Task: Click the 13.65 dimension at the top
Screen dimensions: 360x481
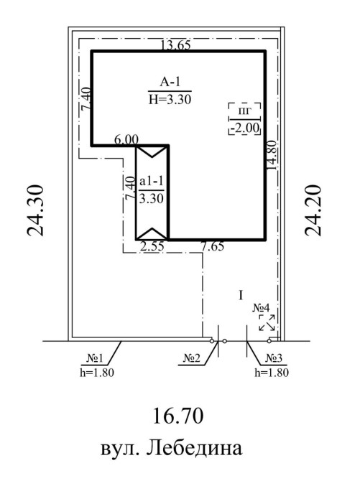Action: tap(176, 45)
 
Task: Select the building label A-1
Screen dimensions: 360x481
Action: tap(170, 82)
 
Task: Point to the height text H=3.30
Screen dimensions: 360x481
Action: tap(170, 99)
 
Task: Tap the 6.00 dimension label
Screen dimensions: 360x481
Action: tap(126, 139)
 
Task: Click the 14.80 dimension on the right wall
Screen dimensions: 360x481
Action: tap(272, 155)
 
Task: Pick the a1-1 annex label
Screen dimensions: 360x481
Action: tap(151, 182)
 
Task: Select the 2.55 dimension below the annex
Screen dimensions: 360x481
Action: tap(152, 246)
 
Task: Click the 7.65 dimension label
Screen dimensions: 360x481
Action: tap(212, 246)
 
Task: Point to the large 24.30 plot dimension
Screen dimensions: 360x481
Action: tap(34, 210)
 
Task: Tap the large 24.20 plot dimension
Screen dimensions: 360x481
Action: tap(313, 210)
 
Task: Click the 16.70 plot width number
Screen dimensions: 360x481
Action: tap(178, 416)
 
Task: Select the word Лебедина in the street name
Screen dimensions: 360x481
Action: tap(194, 449)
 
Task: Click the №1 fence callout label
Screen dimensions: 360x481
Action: tap(95, 358)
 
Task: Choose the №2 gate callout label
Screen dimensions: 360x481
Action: tap(191, 358)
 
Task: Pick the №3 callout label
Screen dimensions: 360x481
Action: tap(274, 358)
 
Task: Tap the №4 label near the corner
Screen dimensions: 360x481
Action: tap(261, 308)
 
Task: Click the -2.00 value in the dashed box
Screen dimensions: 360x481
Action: tap(245, 128)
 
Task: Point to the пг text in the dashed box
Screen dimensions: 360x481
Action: tap(245, 111)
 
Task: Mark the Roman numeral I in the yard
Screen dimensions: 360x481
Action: tap(241, 295)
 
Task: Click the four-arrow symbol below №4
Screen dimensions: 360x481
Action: tap(267, 322)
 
